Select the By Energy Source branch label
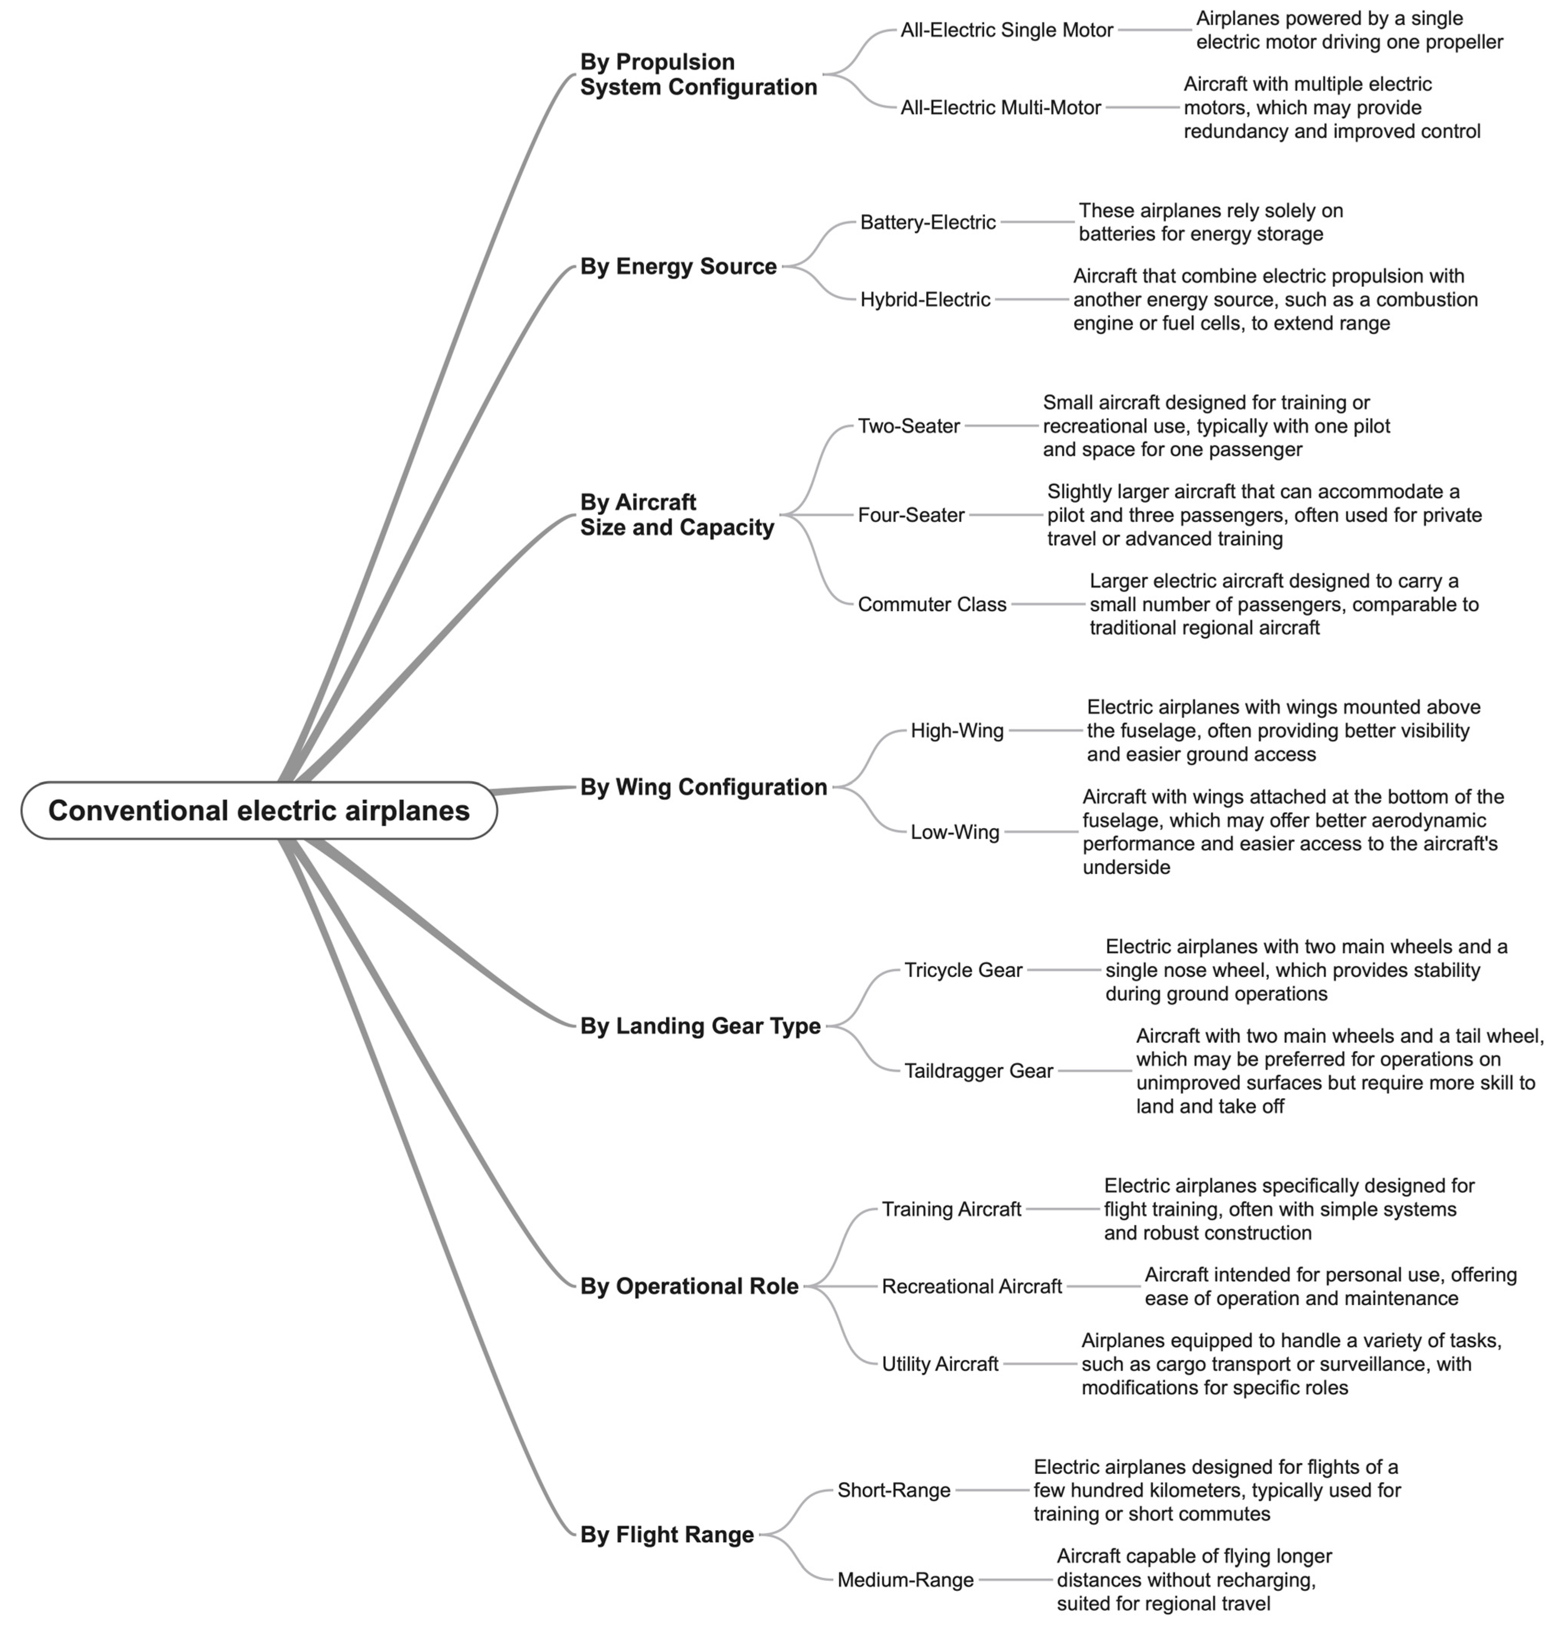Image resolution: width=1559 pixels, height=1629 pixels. pyautogui.click(x=678, y=267)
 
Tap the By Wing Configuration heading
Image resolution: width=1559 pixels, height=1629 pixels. pyautogui.click(x=703, y=787)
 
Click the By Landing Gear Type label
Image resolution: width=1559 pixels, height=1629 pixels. pyautogui.click(x=700, y=1027)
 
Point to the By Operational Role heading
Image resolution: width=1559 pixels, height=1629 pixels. pyautogui.click(x=689, y=1286)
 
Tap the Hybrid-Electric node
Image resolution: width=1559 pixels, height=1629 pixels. pyautogui.click(x=925, y=300)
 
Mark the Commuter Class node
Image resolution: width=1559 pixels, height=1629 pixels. pyautogui.click(x=932, y=605)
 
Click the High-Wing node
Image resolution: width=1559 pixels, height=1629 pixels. pyautogui.click(x=957, y=731)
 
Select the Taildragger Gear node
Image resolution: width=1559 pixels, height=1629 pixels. pyautogui.click(x=978, y=1071)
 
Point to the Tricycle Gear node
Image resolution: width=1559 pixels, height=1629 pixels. pyautogui.click(x=963, y=971)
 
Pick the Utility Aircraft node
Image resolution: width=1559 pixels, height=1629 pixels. pyautogui.click(x=940, y=1364)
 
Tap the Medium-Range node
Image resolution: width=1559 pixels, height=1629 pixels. pyautogui.click(x=905, y=1580)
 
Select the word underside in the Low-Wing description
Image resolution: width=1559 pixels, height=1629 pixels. pyautogui.click(x=1126, y=868)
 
